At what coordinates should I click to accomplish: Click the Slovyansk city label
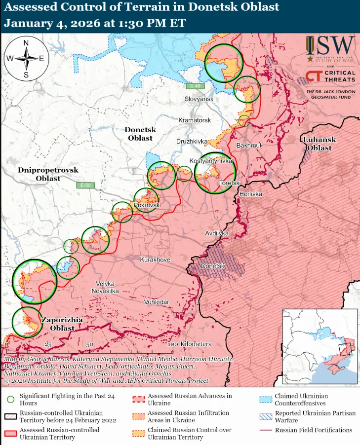(199, 99)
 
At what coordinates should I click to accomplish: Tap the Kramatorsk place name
(195, 120)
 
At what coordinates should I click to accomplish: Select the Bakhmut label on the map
(249, 146)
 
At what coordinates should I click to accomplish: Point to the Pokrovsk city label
(147, 205)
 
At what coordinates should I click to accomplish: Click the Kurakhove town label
(155, 260)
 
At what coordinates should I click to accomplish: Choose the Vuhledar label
(157, 301)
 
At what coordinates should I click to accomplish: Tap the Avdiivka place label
(217, 233)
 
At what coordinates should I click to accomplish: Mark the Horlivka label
(250, 194)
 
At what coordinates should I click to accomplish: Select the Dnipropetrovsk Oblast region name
(48, 174)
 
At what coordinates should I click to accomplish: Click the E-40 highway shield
(196, 86)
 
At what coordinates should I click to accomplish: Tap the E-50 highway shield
(85, 185)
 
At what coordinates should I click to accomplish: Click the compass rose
(26, 59)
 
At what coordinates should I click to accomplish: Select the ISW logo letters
(336, 47)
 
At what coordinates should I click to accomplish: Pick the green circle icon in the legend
(9, 399)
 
